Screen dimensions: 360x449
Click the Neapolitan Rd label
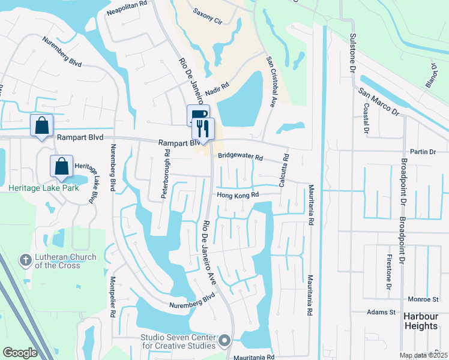[127, 4]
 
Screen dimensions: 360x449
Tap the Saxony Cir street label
[208, 12]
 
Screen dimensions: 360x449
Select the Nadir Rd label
[217, 87]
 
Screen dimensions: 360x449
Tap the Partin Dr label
[423, 152]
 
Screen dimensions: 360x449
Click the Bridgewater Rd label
[240, 157]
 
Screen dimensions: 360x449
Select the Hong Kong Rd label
[237, 195]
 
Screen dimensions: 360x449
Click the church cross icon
[25, 260]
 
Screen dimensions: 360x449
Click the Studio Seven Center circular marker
[224, 340]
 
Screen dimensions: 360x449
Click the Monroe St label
[424, 299]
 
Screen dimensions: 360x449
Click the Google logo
[20, 353]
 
